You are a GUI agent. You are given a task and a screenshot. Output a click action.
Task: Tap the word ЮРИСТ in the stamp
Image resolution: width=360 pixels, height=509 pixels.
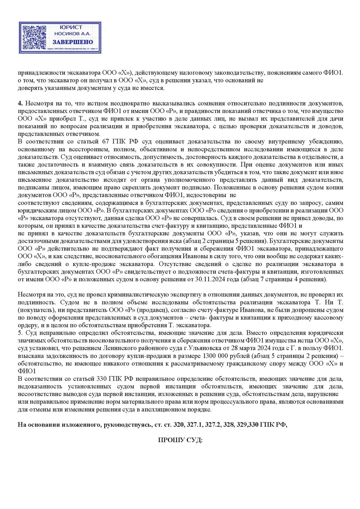(x=71, y=27)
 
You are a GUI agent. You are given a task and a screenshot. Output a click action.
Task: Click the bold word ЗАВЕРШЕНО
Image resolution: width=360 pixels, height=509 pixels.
(x=73, y=42)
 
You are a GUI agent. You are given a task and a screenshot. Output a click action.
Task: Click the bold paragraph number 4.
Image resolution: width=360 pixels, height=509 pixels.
(x=20, y=103)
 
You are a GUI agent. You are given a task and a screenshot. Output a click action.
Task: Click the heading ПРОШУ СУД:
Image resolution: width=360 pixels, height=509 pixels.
(x=180, y=440)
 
